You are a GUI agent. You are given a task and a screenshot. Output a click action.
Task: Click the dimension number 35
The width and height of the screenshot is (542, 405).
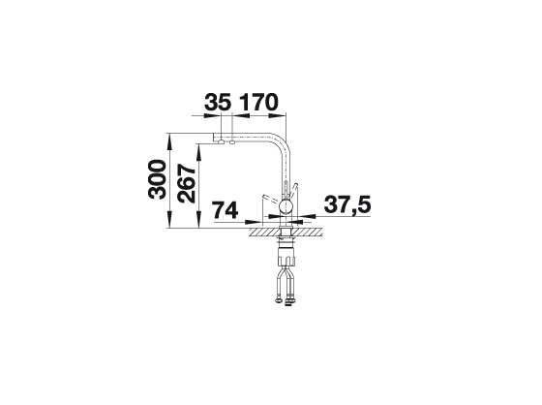point(218,102)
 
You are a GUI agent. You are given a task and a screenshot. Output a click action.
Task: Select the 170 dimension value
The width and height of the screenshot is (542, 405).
point(259,102)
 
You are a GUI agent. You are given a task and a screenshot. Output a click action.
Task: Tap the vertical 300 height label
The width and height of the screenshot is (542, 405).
point(157,179)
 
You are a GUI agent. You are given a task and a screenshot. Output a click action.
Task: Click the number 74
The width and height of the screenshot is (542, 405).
point(226,210)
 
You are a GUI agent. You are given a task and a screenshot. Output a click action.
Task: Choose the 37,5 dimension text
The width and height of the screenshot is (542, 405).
point(347,205)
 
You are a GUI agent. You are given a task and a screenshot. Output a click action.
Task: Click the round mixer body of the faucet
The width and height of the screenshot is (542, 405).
point(286,207)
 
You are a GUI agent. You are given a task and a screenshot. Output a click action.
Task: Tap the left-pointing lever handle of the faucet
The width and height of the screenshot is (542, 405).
point(271,199)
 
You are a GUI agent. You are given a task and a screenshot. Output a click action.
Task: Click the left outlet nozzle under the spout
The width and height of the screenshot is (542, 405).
point(221,140)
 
